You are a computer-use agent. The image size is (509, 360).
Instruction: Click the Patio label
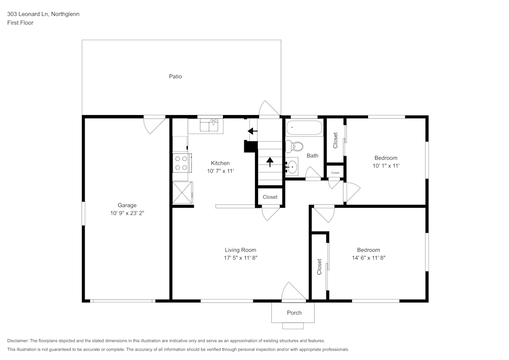pyautogui.click(x=175, y=76)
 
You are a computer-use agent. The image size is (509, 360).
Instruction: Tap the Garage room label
pyautogui.click(x=127, y=205)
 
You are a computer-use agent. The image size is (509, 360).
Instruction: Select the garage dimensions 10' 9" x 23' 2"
pyautogui.click(x=127, y=213)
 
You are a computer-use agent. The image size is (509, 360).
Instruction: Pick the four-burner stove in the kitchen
pyautogui.click(x=181, y=162)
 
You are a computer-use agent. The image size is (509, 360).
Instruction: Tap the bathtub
pyautogui.click(x=304, y=128)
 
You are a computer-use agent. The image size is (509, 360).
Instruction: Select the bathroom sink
pyautogui.click(x=291, y=166)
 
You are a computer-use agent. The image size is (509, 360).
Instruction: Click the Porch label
pyautogui.click(x=294, y=313)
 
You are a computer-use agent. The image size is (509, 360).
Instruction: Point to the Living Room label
pyautogui.click(x=240, y=250)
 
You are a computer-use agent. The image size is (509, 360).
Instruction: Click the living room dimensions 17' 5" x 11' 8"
pyautogui.click(x=240, y=258)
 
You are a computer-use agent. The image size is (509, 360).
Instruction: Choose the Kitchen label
pyautogui.click(x=220, y=163)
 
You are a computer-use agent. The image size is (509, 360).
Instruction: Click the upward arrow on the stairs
pyautogui.click(x=270, y=162)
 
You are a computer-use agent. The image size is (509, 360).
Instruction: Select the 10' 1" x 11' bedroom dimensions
pyautogui.click(x=385, y=166)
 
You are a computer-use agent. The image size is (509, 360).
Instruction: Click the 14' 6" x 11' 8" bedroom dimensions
pyautogui.click(x=368, y=258)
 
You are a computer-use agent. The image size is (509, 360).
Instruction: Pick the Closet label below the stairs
pyautogui.click(x=270, y=197)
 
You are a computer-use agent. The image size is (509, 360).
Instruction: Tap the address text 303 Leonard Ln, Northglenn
pyautogui.click(x=43, y=14)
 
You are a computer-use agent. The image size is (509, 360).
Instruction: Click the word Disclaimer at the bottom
pyautogui.click(x=18, y=341)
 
